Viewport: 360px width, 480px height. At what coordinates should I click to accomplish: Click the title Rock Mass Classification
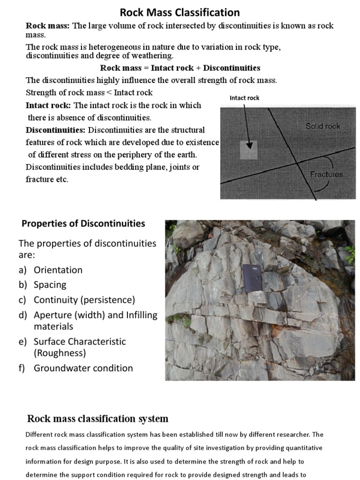click(180, 12)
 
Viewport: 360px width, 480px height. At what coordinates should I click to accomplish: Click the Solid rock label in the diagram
click(322, 126)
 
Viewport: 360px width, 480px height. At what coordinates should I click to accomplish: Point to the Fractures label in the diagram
click(326, 174)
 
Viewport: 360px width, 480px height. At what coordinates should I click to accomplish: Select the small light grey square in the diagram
click(249, 150)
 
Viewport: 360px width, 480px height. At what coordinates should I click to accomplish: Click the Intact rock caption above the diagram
click(244, 98)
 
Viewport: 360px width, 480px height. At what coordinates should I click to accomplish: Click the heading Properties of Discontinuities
click(83, 224)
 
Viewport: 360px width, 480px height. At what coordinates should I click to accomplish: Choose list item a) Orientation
click(58, 270)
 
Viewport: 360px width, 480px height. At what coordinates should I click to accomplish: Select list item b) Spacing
click(50, 285)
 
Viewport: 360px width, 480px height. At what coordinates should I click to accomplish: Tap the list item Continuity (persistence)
click(84, 300)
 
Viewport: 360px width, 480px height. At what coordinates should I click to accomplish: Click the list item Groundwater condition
click(83, 368)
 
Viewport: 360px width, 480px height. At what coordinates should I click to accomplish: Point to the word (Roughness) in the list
click(60, 353)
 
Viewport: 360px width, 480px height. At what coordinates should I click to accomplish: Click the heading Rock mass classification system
click(97, 419)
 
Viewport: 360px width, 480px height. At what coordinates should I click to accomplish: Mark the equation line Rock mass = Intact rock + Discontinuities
click(180, 68)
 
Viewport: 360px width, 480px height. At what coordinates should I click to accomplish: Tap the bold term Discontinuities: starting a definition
click(56, 130)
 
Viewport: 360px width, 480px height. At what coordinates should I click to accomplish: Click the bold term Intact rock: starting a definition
click(48, 105)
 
